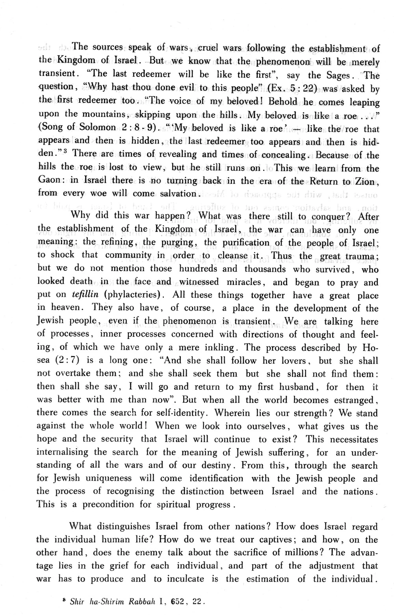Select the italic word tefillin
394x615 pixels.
coord(85,296)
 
